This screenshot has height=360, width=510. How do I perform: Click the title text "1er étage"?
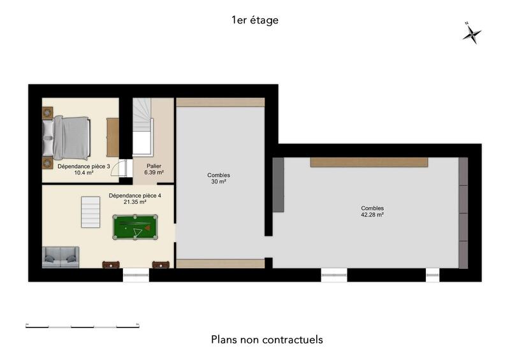click(255, 20)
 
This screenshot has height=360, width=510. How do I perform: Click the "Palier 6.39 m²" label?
click(154, 169)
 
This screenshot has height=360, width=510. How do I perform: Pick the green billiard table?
click(135, 227)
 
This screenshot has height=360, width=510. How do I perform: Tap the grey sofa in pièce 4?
click(60, 257)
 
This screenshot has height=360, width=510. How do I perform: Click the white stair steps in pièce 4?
click(91, 212)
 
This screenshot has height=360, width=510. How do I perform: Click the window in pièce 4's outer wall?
click(135, 275)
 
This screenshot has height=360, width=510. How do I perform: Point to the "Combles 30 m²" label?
click(219, 178)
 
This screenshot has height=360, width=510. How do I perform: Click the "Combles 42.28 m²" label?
click(372, 212)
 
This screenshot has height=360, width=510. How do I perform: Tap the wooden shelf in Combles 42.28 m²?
click(368, 162)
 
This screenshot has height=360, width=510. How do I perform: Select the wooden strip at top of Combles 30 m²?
click(220, 102)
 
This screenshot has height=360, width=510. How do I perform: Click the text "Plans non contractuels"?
click(266, 340)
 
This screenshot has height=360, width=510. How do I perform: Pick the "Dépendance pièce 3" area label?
click(84, 169)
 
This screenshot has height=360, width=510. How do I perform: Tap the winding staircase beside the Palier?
click(143, 127)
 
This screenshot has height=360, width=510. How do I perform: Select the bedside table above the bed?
click(48, 112)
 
